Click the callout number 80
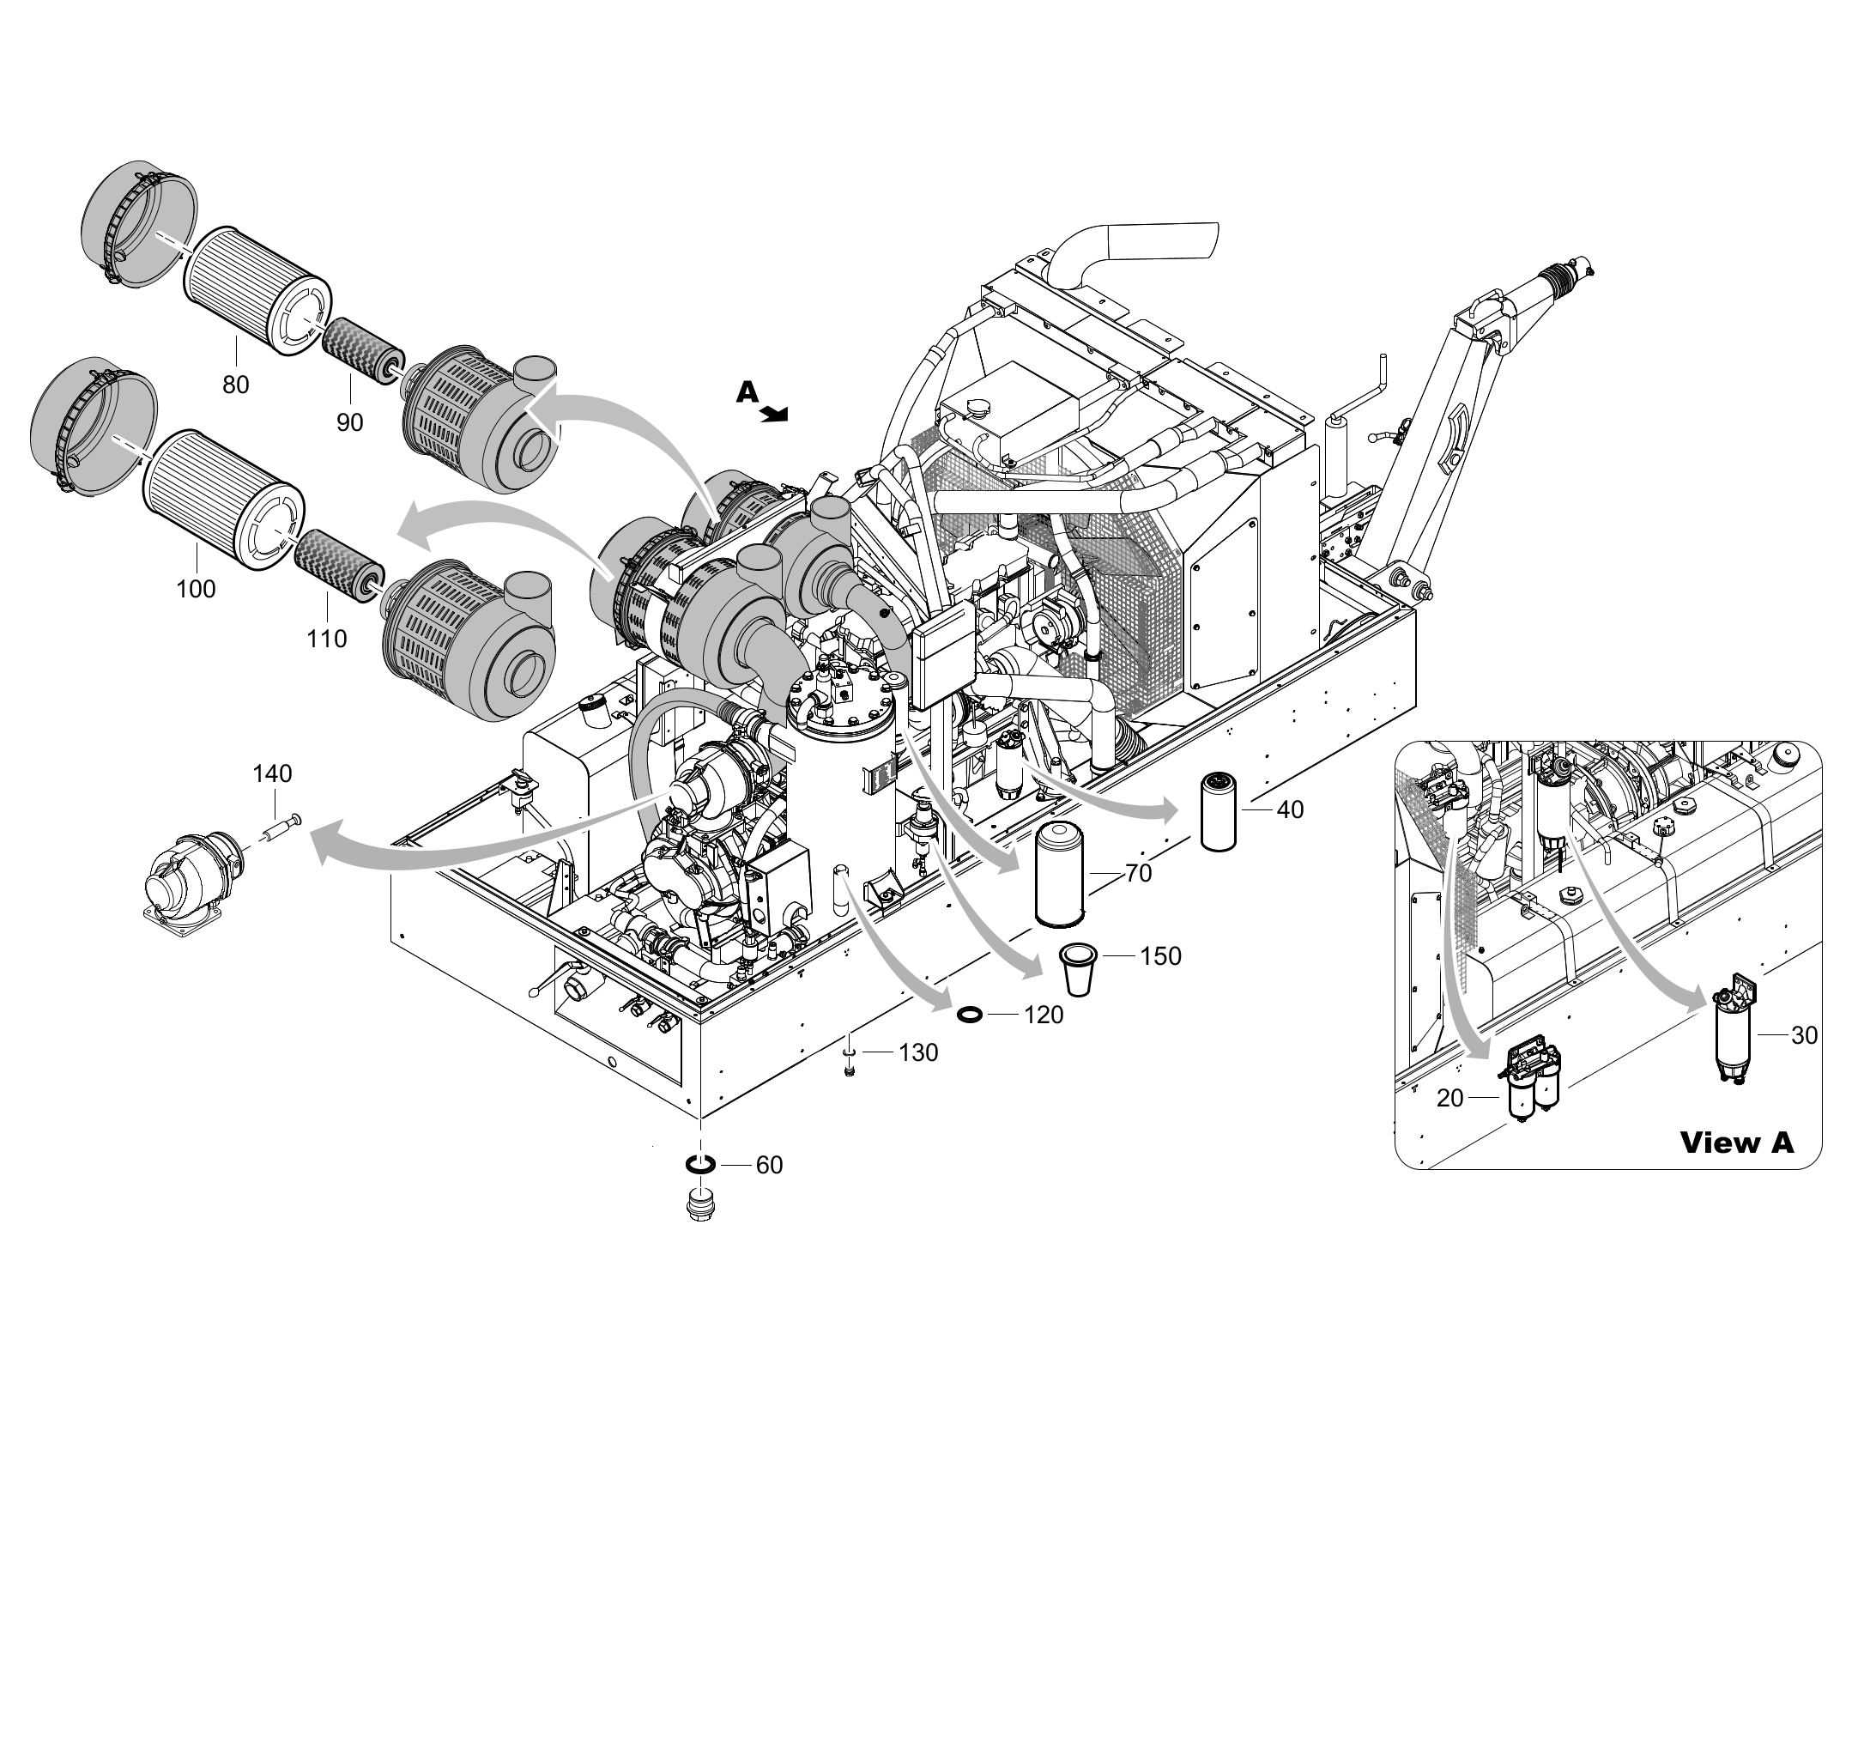pos(235,385)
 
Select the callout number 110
pos(326,640)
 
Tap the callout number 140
pos(272,773)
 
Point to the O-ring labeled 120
pos(971,1015)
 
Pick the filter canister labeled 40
pos(1219,812)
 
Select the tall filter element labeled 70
pos(1058,872)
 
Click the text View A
pos(1735,1142)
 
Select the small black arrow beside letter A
pos(776,414)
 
